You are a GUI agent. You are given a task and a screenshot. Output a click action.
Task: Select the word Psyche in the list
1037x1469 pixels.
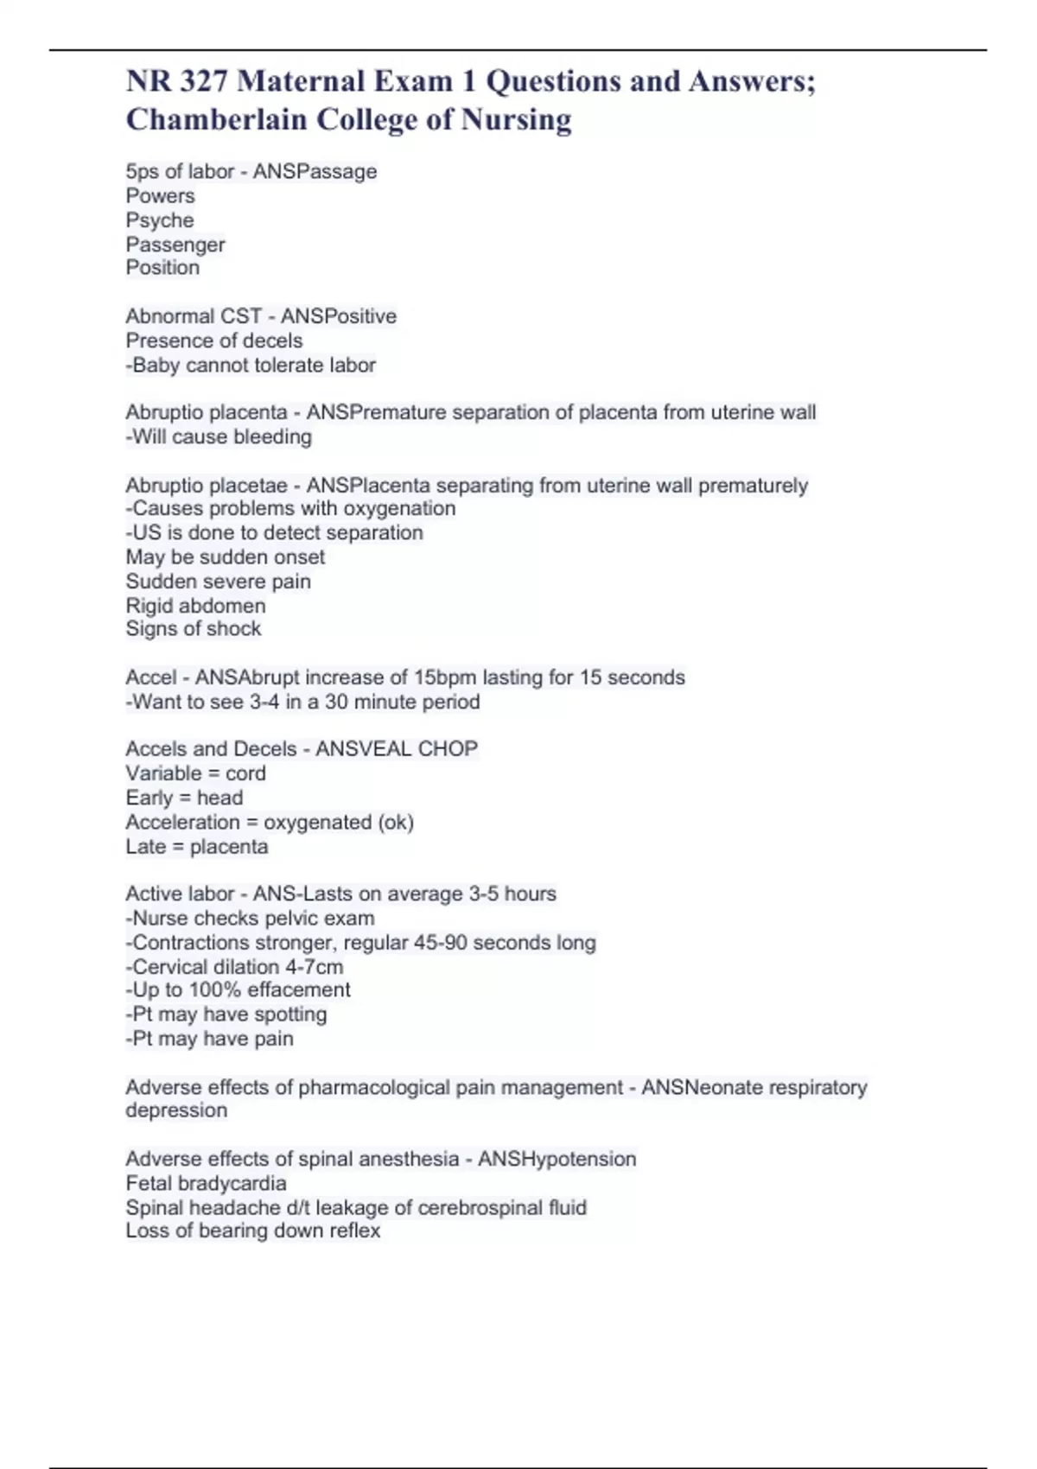click(160, 220)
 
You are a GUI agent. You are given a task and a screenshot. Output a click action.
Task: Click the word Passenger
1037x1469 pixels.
click(175, 245)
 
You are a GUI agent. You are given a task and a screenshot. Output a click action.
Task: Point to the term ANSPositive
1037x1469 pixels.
click(339, 316)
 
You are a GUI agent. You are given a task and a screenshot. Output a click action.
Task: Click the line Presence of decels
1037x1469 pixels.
click(214, 340)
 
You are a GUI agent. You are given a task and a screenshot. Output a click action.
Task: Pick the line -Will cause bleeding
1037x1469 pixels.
click(219, 437)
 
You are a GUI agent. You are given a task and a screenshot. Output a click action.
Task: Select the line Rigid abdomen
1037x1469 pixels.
click(195, 606)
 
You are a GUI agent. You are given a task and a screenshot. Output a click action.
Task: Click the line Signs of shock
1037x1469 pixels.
click(194, 629)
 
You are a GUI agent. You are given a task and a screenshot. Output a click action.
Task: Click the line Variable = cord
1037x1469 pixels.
click(195, 773)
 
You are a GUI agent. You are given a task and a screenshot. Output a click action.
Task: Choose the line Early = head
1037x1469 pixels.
click(184, 798)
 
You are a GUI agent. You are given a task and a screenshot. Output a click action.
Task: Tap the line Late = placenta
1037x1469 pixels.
click(197, 847)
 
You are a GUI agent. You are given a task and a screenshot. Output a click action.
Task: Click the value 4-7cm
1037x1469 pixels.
click(315, 967)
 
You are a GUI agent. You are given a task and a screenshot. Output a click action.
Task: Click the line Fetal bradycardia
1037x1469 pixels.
click(206, 1184)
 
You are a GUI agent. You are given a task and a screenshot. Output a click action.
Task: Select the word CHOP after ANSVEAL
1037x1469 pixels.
click(448, 749)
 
